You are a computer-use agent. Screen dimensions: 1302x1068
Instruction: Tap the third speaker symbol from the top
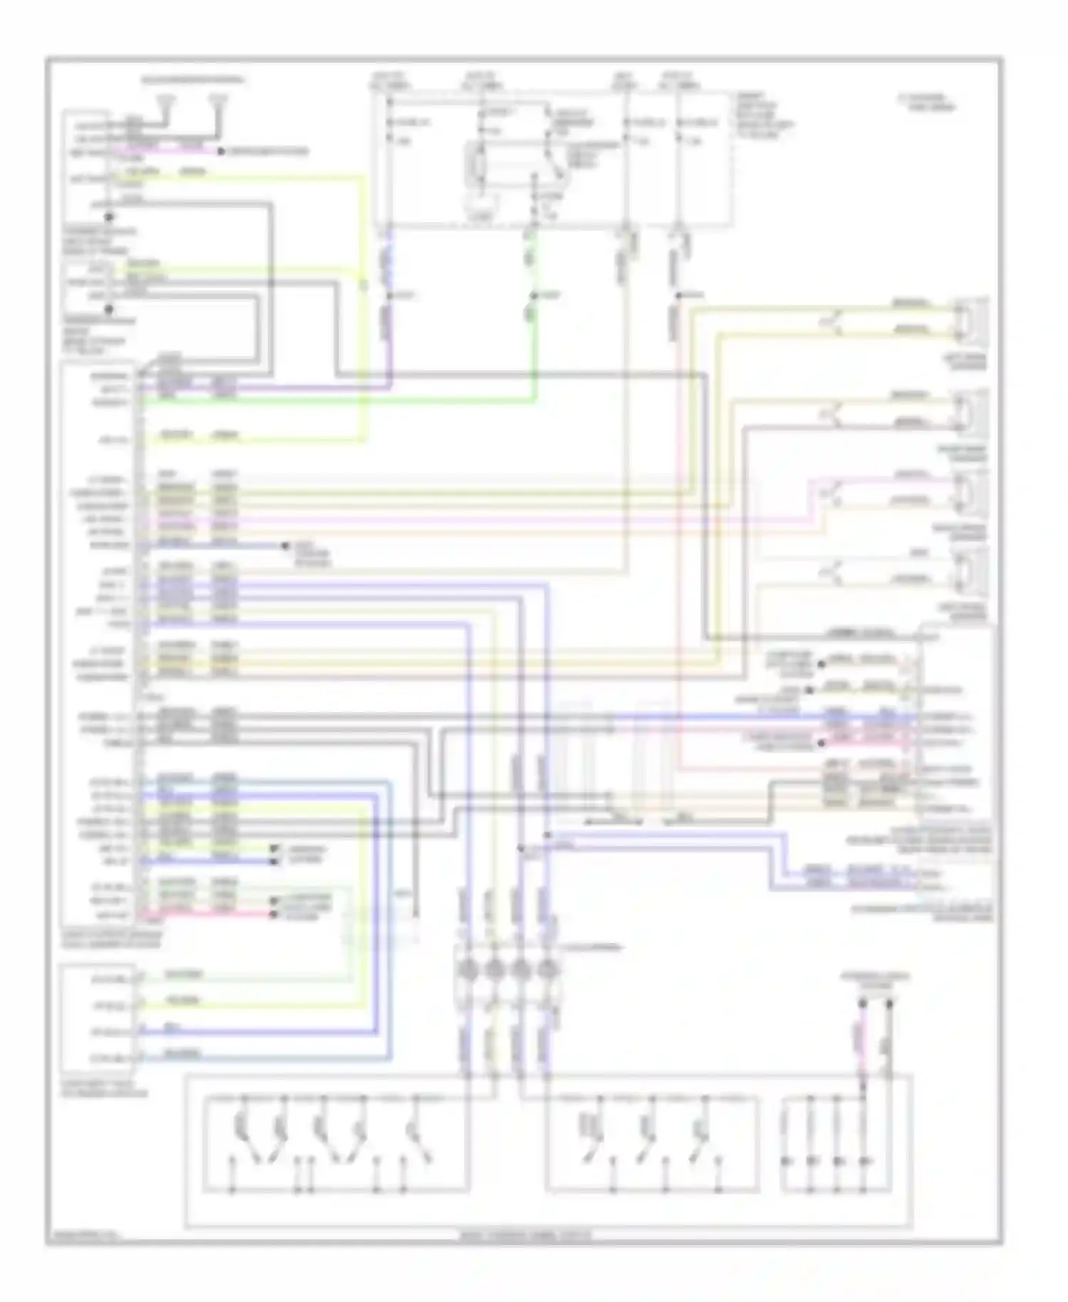coord(970,491)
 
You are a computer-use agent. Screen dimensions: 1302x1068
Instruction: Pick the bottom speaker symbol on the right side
coord(970,570)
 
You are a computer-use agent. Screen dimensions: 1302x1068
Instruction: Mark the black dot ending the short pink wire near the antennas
coord(221,152)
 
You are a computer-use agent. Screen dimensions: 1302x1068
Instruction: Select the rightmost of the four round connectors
coord(547,969)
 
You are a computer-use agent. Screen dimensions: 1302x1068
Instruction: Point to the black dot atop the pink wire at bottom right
coord(862,1004)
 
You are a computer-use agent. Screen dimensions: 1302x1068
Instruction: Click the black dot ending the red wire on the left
coord(273,913)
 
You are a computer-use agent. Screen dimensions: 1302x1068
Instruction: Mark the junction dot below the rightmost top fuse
coord(679,295)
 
